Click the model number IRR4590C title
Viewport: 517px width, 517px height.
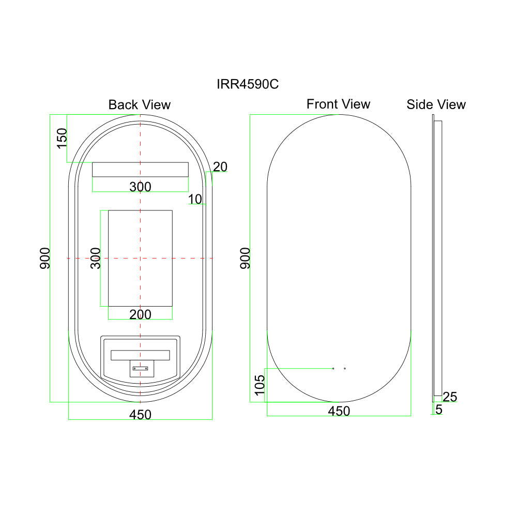[x=248, y=84]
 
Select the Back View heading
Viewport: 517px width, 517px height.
[x=140, y=105]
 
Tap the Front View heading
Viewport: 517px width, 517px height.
[x=338, y=104]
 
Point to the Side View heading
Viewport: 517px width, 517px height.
[x=436, y=104]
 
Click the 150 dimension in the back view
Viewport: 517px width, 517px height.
[x=62, y=139]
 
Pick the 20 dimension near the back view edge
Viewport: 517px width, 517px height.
[x=220, y=167]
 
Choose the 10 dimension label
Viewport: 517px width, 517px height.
[x=195, y=199]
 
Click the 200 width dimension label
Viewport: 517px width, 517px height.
[x=140, y=314]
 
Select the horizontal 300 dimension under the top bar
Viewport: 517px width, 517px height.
[x=140, y=187]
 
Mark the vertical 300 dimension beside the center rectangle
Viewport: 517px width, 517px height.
[x=96, y=258]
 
